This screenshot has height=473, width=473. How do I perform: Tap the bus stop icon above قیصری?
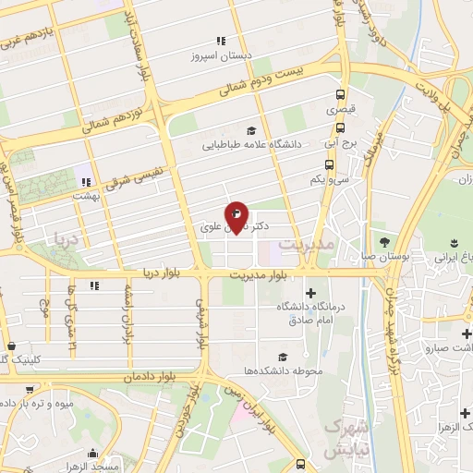[x=341, y=94]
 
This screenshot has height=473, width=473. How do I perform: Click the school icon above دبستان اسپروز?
[x=220, y=41]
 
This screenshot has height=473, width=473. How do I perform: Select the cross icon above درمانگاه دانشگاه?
[x=310, y=293]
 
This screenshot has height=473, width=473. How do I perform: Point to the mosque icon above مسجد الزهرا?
[x=92, y=454]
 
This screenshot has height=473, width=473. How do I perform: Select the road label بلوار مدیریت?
[x=260, y=274]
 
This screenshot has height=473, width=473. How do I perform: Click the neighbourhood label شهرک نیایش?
[x=346, y=439]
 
